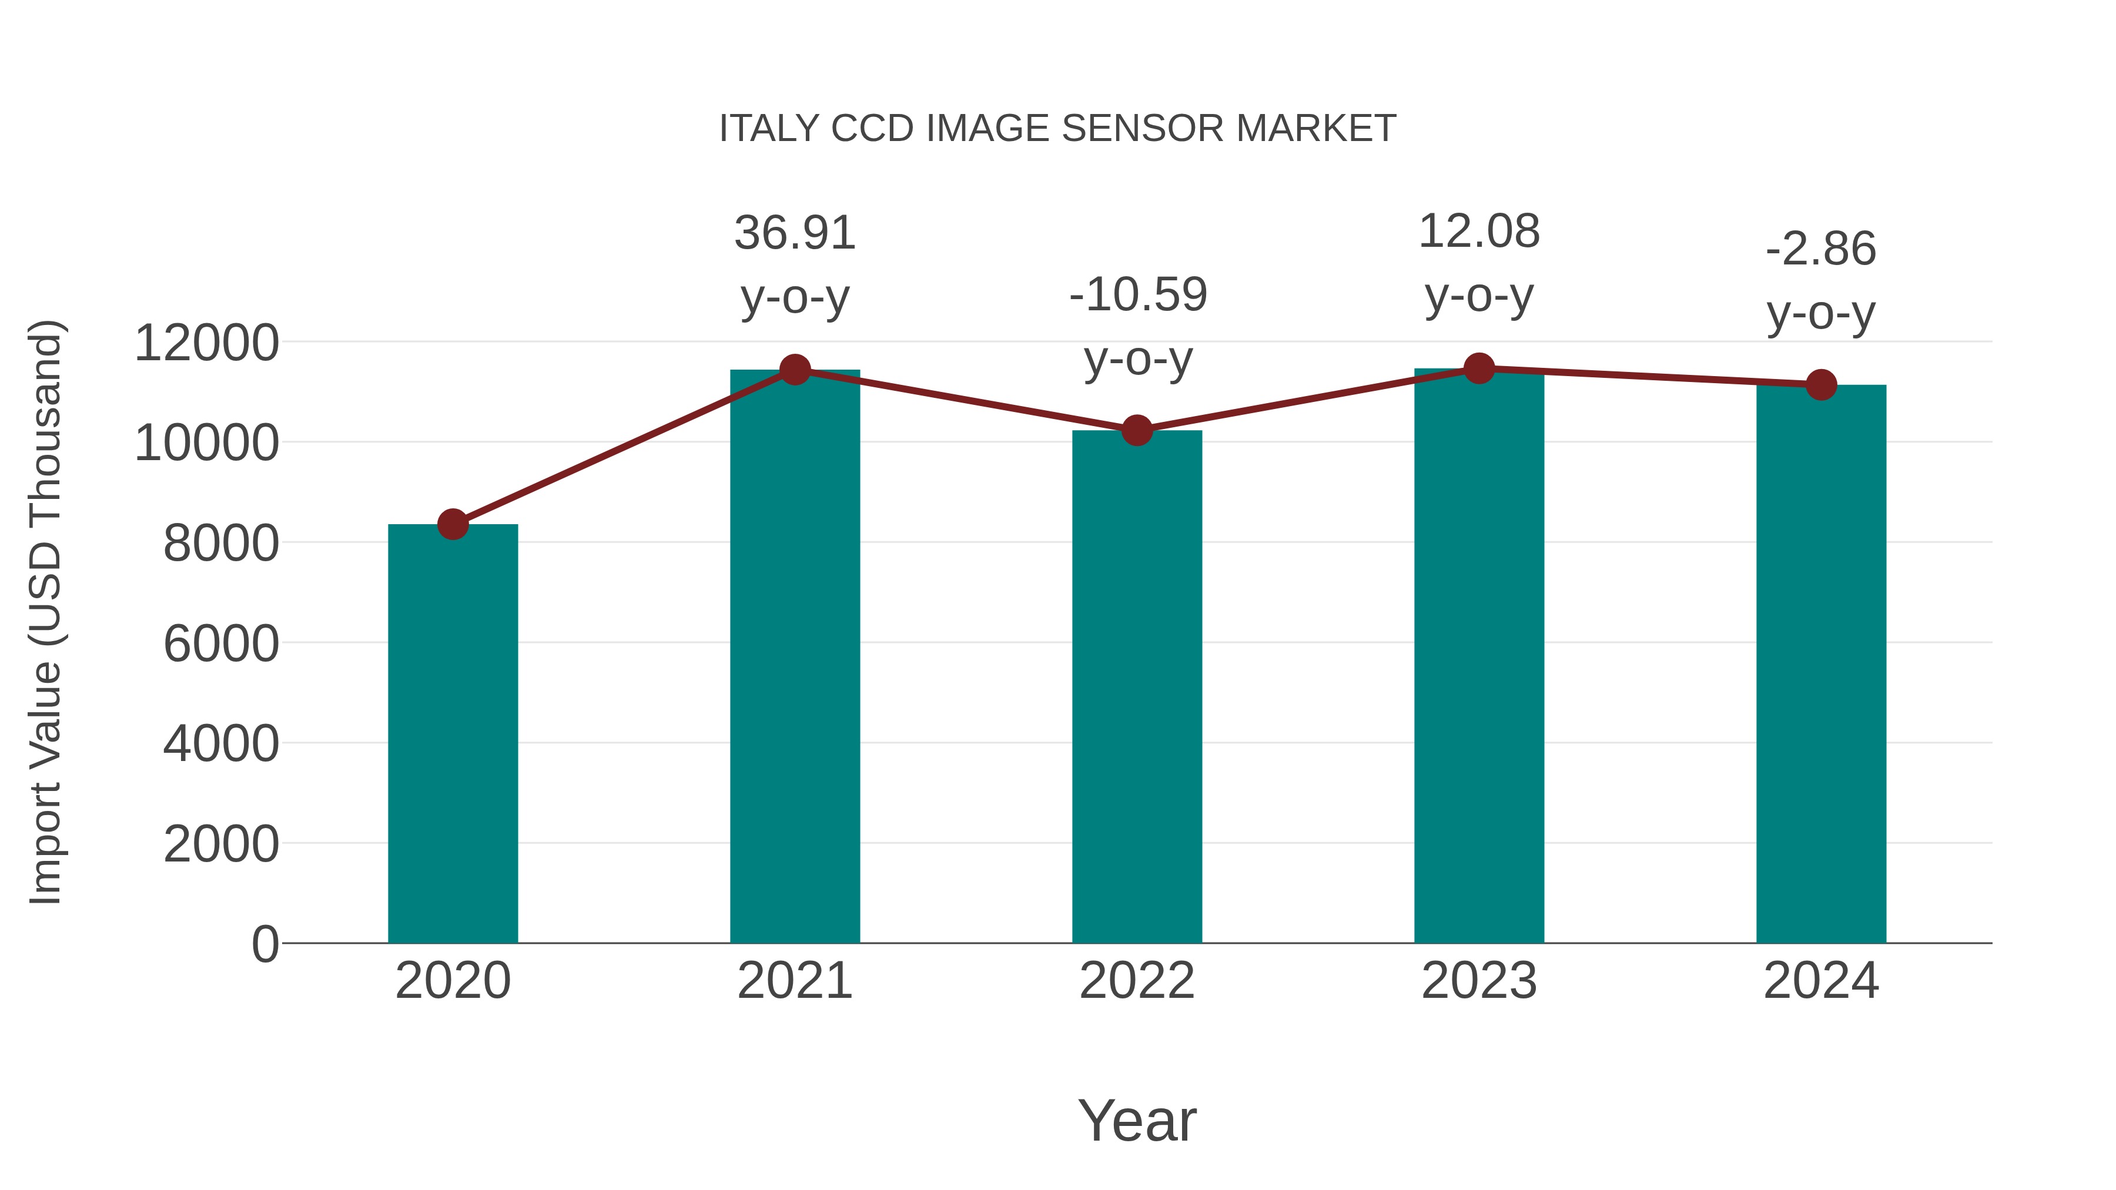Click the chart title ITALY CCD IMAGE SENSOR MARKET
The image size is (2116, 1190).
point(1057,129)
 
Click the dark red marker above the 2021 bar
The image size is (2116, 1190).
point(794,370)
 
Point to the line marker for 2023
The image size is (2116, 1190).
point(1479,368)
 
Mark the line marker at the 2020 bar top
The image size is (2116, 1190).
point(453,524)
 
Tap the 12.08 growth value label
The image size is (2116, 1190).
point(1479,231)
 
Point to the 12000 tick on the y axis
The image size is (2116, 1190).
point(206,343)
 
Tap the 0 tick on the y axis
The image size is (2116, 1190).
point(264,944)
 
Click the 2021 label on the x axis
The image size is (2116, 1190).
point(794,981)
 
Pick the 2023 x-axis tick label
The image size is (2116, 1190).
point(1479,981)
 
